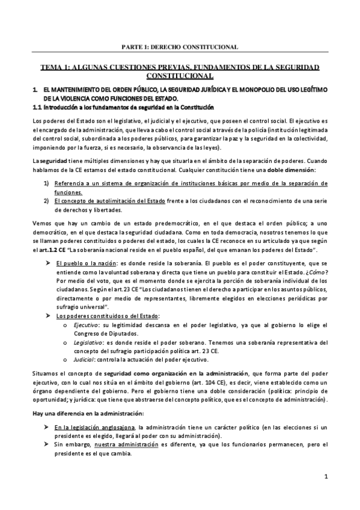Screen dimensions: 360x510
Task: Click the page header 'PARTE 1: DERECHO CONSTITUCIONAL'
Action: click(180, 46)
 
